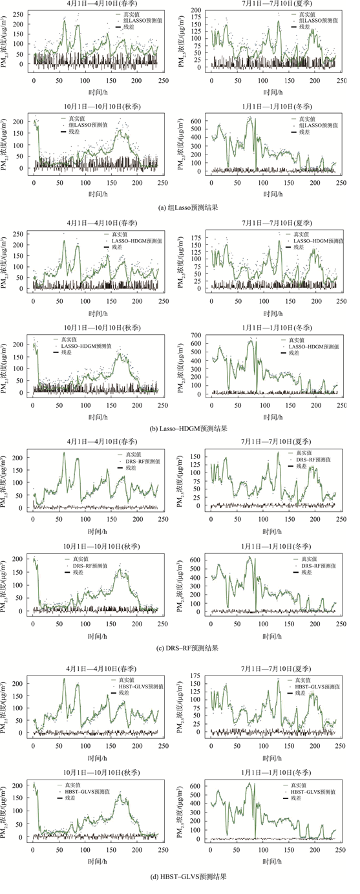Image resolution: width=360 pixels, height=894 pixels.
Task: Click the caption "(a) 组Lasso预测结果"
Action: coord(179,206)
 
